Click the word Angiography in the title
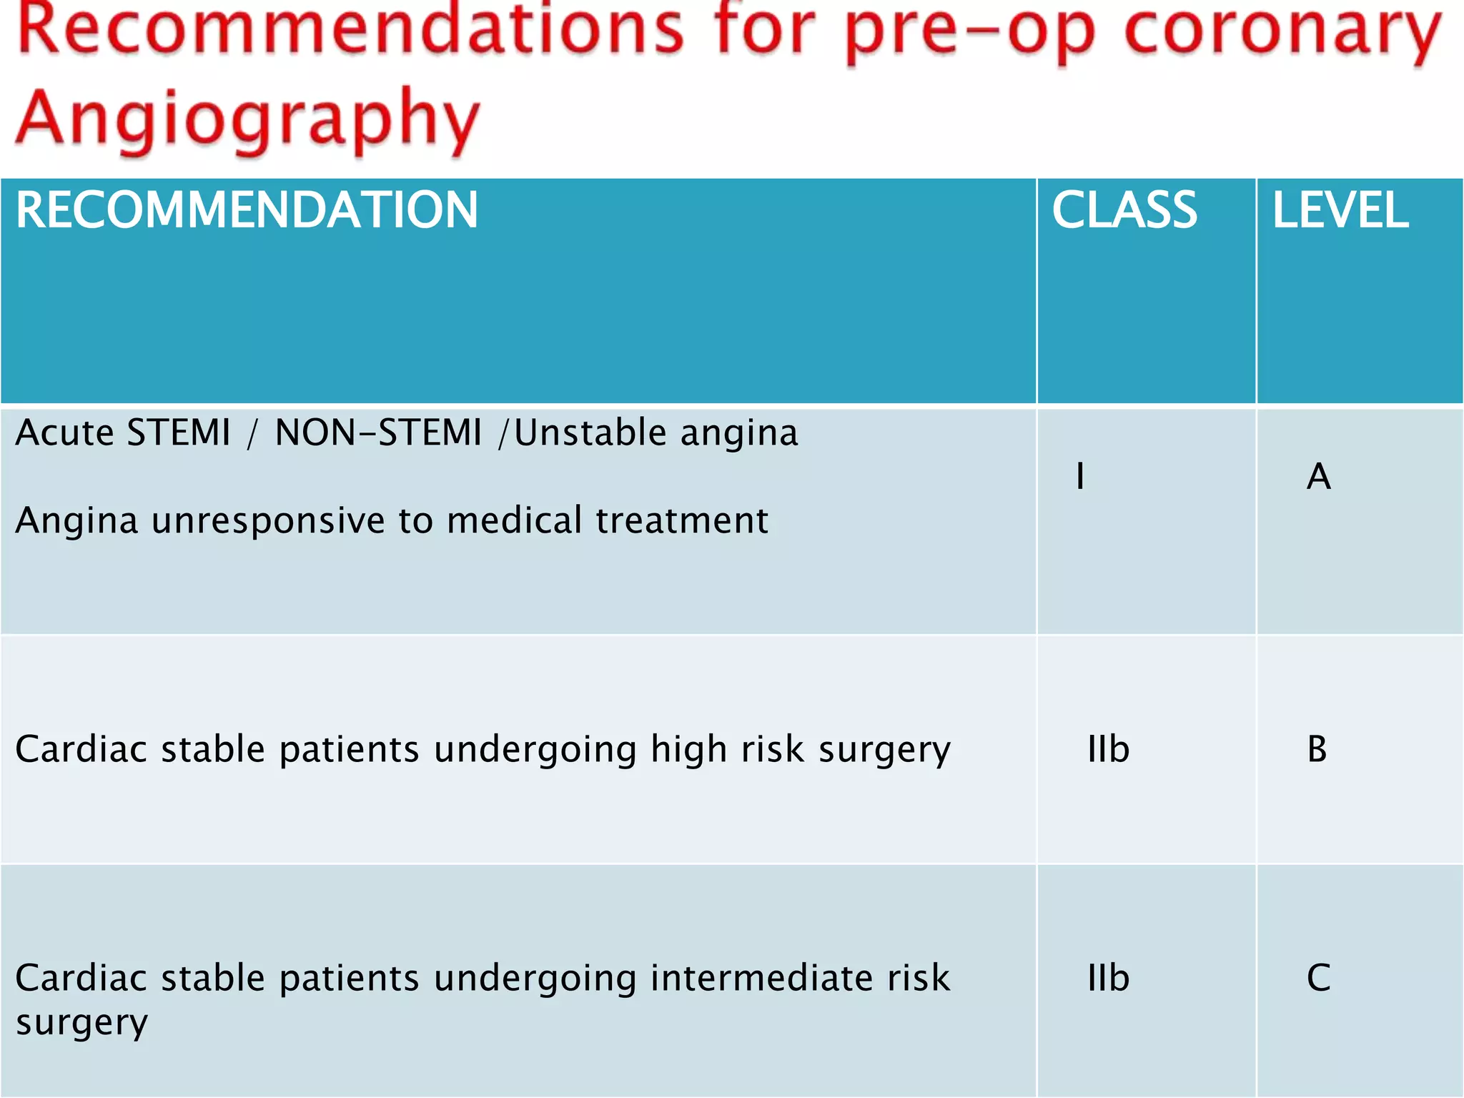point(247,118)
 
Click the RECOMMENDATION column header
point(247,211)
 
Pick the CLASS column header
point(1124,211)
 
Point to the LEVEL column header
point(1340,211)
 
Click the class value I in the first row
point(1080,476)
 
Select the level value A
point(1318,476)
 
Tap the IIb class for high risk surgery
point(1108,749)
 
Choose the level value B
point(1317,749)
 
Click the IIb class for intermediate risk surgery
point(1108,978)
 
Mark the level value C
point(1318,978)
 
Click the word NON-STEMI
point(378,432)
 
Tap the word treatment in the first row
point(682,520)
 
